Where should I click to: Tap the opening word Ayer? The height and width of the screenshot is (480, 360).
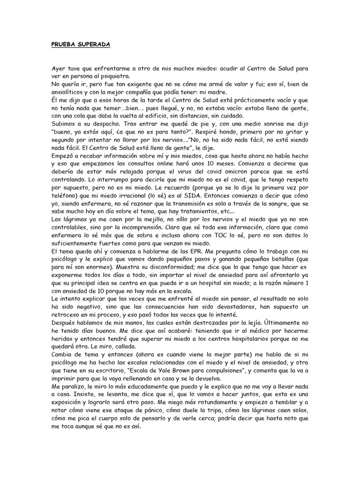pyautogui.click(x=59, y=68)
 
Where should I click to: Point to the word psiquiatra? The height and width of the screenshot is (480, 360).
pyautogui.click(x=113, y=76)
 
